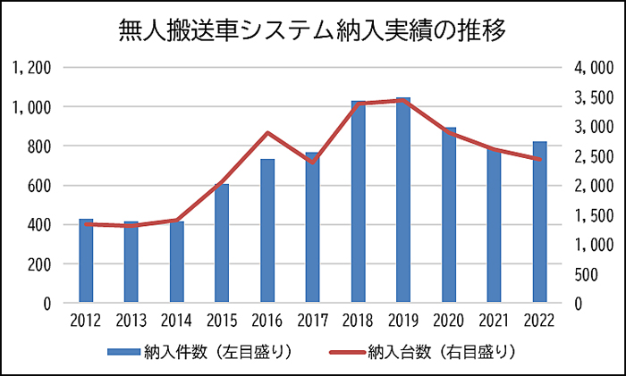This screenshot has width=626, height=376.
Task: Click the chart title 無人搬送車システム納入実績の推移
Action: (313, 32)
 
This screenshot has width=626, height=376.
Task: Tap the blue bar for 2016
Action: (267, 231)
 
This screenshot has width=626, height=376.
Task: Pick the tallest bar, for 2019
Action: (403, 201)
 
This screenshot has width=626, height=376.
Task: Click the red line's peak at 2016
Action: (267, 133)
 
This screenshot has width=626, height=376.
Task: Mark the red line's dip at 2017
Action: (312, 162)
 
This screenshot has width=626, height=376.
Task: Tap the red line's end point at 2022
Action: (539, 159)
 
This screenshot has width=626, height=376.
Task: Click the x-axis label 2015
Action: (222, 320)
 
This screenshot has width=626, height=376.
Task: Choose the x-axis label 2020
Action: (448, 320)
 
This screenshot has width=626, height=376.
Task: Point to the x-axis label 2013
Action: (131, 320)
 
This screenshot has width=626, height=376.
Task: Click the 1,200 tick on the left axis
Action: (32, 68)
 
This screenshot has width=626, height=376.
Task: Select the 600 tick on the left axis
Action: (39, 186)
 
